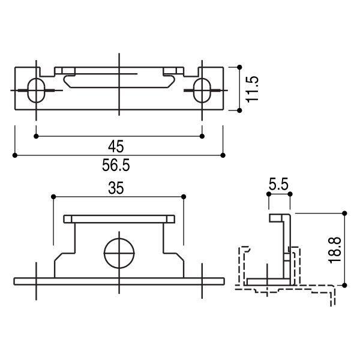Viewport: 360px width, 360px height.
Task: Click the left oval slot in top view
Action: pos(37,91)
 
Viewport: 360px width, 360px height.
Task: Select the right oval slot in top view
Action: pos(202,91)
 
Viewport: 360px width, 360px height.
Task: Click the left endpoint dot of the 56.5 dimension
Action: pos(14,155)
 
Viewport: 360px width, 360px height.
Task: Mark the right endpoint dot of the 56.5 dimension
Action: pos(224,155)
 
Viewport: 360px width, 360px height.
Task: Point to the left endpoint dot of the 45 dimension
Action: pos(37,137)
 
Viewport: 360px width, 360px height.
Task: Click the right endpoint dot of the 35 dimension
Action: pos(183,196)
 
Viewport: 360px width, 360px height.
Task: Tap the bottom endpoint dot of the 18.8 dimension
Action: pos(344,284)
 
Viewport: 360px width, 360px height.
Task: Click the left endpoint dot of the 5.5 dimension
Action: pos(268,194)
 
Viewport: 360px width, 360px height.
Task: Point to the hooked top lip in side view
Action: pos(280,217)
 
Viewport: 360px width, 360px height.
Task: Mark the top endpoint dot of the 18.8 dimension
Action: pos(344,213)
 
